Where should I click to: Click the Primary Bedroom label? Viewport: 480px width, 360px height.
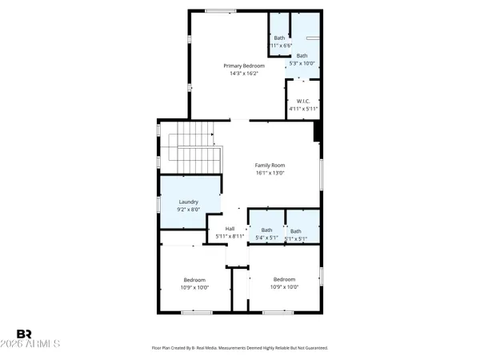pos(243,66)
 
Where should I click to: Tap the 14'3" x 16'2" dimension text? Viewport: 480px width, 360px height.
pos(243,74)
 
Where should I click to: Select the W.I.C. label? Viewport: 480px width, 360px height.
pos(302,101)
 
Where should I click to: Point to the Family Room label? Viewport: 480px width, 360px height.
pos(270,165)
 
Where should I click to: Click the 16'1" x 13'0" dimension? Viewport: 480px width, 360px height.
pos(270,173)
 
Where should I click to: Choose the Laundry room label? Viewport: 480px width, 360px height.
pos(189,202)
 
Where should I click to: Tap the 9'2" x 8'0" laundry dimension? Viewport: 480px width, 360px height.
pos(189,210)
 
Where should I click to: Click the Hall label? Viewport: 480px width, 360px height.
pos(230,229)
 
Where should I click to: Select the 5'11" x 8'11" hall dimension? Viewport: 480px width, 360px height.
pos(230,237)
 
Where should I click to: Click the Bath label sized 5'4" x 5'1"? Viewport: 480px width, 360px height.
pos(266,230)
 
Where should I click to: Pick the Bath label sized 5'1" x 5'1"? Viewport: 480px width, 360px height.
pos(296,230)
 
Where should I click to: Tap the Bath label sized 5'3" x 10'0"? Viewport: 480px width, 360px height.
pos(302,55)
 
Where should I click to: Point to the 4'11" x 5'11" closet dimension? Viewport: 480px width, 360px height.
pos(302,109)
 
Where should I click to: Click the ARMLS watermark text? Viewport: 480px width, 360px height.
pos(38,344)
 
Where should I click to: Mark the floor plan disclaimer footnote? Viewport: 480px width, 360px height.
pos(240,348)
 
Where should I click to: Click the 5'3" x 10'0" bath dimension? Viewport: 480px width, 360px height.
pos(302,63)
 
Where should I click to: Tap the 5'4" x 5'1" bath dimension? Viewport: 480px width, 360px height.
pos(266,238)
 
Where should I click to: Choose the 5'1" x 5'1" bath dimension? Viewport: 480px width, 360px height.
pos(296,238)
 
